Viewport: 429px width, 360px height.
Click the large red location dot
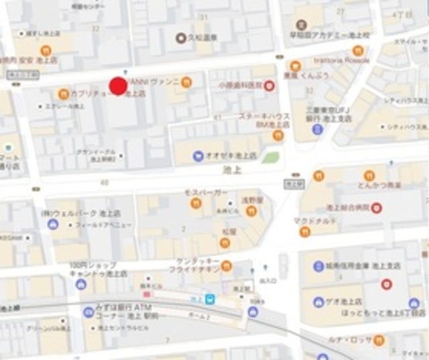(118, 86)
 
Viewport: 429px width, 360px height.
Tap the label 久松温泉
(202, 38)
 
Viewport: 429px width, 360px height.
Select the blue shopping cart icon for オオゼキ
(198, 156)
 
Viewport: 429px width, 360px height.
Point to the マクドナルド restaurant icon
(305, 232)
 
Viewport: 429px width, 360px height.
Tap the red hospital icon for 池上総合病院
(377, 208)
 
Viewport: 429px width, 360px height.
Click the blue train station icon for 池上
(211, 299)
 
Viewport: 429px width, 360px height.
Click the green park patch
(269, 158)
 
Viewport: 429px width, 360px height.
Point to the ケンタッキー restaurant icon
(226, 265)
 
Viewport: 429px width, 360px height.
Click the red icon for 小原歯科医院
(269, 85)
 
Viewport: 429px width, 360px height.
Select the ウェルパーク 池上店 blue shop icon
(53, 223)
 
